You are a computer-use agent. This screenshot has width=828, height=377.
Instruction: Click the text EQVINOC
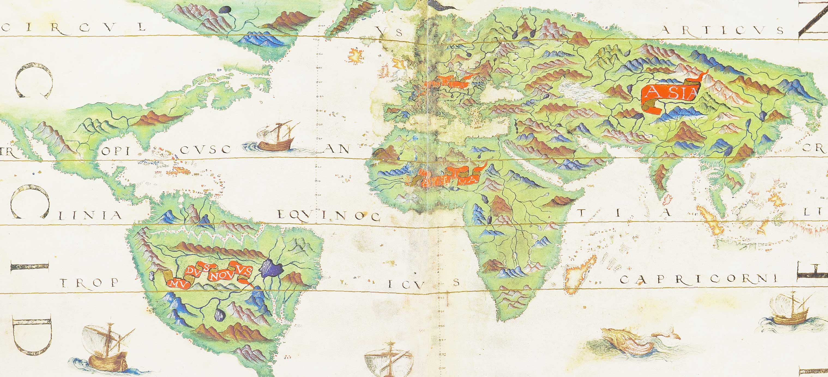click(328, 216)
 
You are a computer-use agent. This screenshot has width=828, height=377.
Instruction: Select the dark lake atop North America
click(225, 10)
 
